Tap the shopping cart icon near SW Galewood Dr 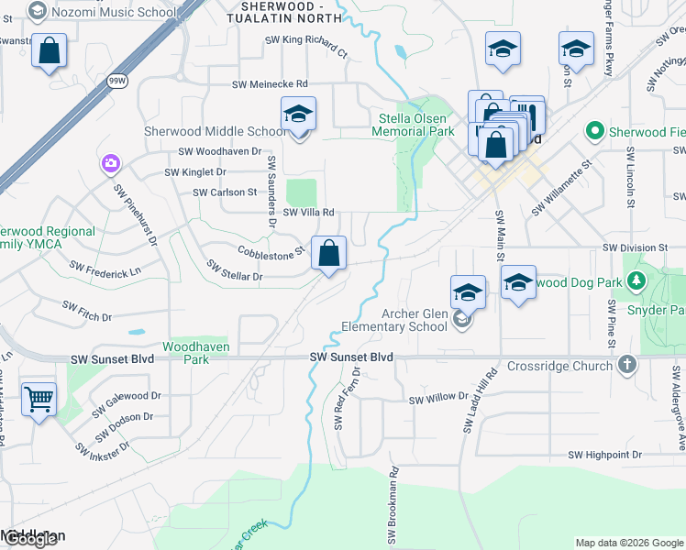coord(39,399)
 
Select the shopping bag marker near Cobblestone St coord(328,254)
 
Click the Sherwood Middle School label coord(216,132)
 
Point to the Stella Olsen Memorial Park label coord(413,125)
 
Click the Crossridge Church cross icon coord(626,365)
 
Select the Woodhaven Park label coord(196,353)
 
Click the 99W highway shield coord(116,81)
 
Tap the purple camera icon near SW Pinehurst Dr coord(111,163)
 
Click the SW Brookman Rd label coord(395,496)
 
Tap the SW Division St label coord(635,248)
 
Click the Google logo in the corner coord(29,539)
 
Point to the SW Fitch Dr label coord(86,311)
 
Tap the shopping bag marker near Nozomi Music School coord(49,52)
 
